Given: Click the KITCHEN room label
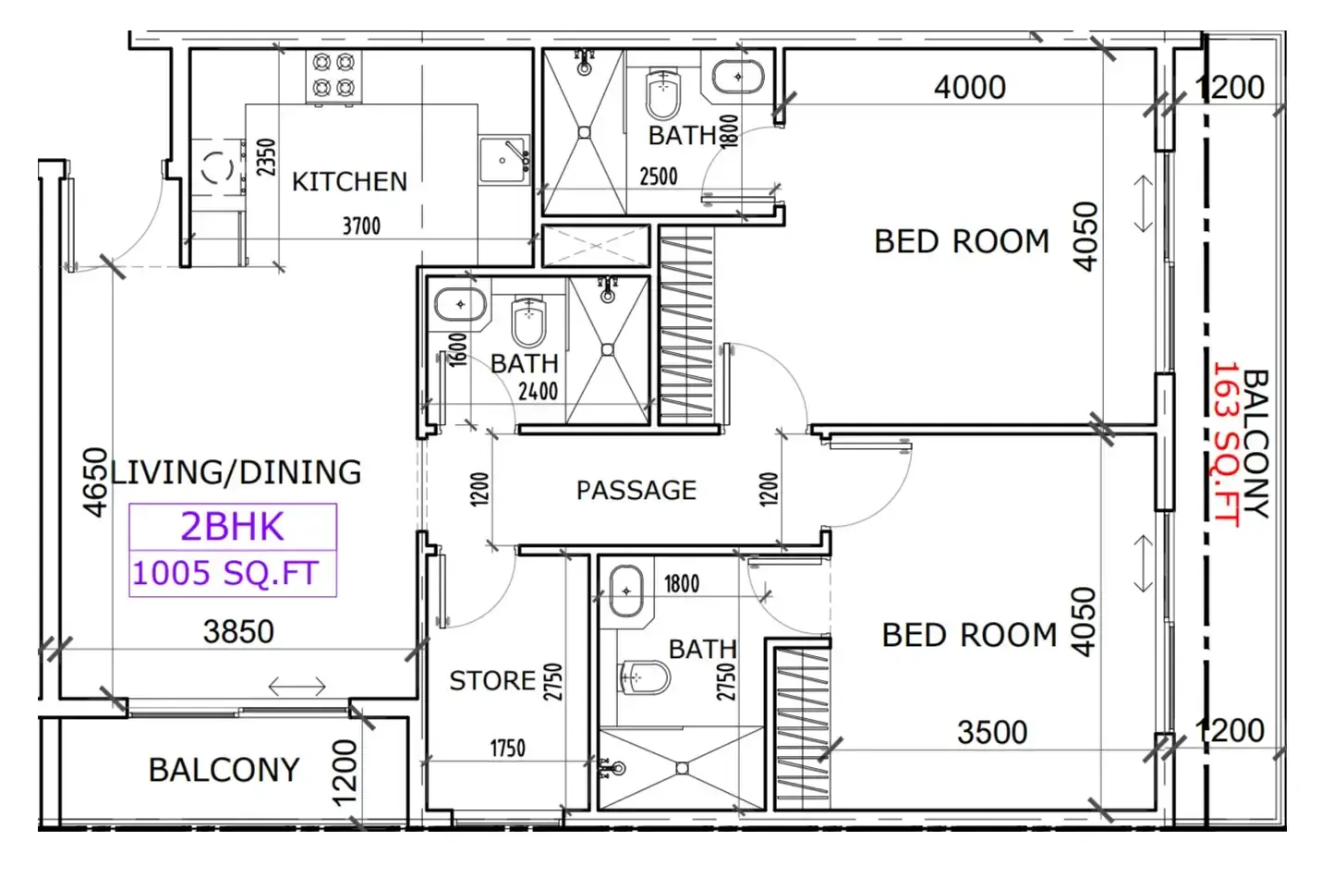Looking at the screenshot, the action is pos(349,182).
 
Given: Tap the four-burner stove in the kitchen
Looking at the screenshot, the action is pos(334,77).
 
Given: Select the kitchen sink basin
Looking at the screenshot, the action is pos(503,160).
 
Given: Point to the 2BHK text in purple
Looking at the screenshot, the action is pos(232,527).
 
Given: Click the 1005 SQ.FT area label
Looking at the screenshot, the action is pos(225,573).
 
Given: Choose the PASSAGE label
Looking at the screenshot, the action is pos(636,491).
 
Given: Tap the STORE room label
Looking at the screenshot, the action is pos(492,680).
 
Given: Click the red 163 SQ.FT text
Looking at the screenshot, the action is pos(1226,445).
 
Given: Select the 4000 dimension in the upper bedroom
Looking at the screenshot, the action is pos(970,88).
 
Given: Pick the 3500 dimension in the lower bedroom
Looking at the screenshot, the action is pos(992,732).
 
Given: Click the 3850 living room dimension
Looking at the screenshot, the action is pos(238,631).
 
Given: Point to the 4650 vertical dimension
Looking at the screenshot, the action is pos(95,482).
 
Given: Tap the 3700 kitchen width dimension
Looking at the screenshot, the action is pos(361,225).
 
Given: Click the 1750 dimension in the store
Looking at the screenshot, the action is pos(507,749).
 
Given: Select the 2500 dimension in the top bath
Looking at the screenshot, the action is pos(659,177).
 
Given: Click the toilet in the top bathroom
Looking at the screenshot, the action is pos(662,94).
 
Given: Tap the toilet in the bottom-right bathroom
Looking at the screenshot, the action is pos(645,677).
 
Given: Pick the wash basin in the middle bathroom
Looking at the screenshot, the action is pos(460,304).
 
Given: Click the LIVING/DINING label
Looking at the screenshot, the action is pos(236,472).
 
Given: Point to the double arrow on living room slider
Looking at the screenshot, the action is pos(297,687).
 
